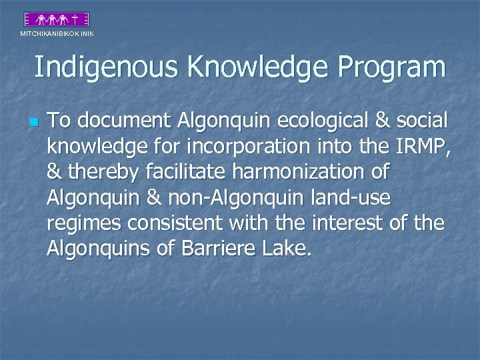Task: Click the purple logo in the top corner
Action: pyautogui.click(x=57, y=19)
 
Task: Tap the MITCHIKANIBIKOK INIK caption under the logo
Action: pyautogui.click(x=57, y=33)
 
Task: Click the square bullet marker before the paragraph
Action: pyautogui.click(x=33, y=123)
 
